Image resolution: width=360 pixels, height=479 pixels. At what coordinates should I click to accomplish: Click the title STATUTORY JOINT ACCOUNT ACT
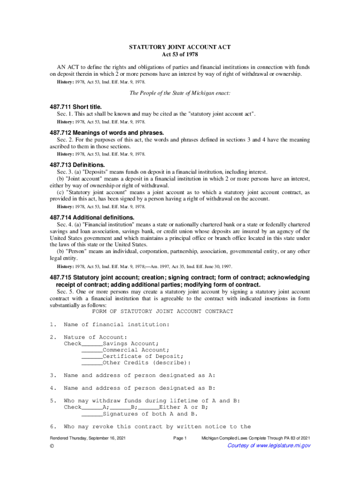tap(180, 47)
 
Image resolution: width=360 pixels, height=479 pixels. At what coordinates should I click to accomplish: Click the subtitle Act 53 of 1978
tap(180, 54)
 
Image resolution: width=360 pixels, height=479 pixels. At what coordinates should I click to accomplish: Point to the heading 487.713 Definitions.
tap(78, 165)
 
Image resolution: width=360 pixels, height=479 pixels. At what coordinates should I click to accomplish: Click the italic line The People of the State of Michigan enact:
tap(180, 93)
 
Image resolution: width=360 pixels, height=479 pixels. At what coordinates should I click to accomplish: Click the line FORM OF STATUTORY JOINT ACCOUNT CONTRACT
tap(162, 312)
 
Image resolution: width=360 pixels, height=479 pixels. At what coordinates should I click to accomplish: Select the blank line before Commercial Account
tap(92, 350)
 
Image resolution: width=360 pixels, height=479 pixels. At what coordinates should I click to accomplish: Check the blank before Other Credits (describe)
tap(92, 363)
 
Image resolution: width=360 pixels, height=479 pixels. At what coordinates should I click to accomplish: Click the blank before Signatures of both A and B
tap(92, 414)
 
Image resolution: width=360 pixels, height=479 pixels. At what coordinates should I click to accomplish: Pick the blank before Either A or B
tap(148, 407)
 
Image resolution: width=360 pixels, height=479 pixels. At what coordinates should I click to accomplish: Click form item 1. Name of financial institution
tap(116, 325)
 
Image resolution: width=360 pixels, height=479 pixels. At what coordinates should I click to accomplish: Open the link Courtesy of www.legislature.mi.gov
tap(268, 446)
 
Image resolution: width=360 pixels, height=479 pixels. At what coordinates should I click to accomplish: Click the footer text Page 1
tap(180, 438)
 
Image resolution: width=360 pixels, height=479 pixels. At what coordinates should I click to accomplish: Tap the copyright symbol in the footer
tap(52, 446)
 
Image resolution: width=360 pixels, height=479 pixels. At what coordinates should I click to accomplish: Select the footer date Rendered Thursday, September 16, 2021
tap(88, 438)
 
